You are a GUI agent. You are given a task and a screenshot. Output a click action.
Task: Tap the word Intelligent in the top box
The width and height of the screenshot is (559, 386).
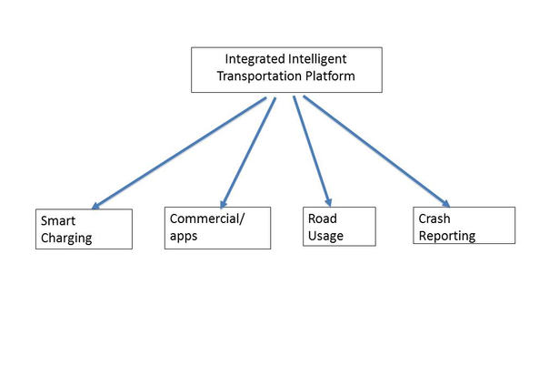click(317, 60)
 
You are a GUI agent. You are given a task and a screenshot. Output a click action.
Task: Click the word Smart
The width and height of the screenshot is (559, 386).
click(58, 221)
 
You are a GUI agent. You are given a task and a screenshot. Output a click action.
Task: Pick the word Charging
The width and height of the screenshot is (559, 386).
click(66, 239)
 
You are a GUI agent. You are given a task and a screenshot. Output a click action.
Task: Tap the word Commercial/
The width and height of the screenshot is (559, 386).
click(207, 218)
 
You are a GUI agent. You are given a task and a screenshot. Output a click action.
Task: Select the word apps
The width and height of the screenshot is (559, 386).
click(184, 237)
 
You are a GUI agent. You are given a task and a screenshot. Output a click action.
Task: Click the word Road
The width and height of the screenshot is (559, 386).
click(323, 218)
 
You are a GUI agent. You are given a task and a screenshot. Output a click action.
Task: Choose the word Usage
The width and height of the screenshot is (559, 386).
click(325, 236)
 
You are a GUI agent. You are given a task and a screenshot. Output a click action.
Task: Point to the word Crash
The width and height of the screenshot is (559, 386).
click(434, 218)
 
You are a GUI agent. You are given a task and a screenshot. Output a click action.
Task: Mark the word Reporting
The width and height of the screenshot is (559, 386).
click(447, 237)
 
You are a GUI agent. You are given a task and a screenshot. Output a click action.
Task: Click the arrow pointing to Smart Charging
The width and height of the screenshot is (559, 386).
click(179, 153)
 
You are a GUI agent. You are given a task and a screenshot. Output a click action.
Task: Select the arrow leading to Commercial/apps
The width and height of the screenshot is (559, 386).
click(248, 153)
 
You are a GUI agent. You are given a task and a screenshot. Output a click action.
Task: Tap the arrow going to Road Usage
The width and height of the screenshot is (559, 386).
click(313, 151)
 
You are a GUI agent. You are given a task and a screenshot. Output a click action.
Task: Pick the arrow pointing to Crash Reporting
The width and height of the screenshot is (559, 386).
click(376, 151)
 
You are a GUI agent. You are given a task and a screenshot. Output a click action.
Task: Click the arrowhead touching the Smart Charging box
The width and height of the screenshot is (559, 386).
click(95, 206)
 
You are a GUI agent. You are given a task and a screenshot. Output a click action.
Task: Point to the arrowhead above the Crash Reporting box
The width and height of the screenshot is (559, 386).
click(446, 204)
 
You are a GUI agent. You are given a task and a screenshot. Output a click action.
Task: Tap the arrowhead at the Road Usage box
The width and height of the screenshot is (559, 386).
click(329, 202)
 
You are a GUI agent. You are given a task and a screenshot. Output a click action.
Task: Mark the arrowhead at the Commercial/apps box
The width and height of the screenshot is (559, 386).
click(223, 204)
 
